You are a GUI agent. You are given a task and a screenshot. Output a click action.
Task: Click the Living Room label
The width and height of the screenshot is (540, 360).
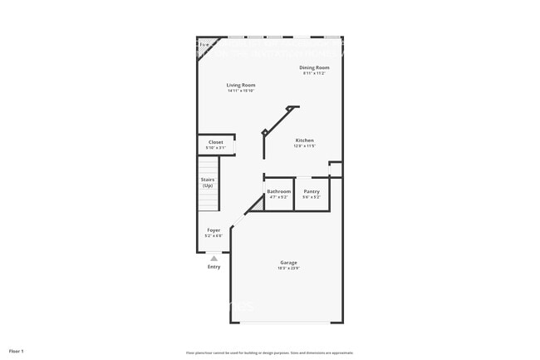click(241, 85)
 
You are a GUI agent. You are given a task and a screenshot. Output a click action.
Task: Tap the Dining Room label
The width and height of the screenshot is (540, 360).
click(315, 67)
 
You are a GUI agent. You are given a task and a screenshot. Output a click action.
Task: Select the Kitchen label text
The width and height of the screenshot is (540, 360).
click(305, 141)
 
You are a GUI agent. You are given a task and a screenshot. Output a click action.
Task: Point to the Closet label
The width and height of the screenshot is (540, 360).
click(216, 142)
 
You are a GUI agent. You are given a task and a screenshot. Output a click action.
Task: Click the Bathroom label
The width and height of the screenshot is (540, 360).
click(278, 192)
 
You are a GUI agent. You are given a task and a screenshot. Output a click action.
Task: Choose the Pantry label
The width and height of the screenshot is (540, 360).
click(312, 192)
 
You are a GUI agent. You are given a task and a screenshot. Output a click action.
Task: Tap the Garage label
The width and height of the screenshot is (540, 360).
click(288, 263)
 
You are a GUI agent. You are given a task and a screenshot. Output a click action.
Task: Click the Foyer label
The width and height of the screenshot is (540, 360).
click(214, 230)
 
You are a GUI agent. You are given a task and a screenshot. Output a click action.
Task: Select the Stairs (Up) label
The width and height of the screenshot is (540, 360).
click(208, 182)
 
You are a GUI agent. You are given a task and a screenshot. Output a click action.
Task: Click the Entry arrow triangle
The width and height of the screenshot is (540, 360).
click(214, 259)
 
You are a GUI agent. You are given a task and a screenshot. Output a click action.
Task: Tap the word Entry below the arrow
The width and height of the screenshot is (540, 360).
click(214, 267)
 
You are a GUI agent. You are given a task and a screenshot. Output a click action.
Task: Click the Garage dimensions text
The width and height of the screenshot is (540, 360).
click(288, 268)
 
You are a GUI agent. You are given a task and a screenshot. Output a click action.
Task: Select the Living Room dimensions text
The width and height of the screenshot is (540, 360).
click(241, 91)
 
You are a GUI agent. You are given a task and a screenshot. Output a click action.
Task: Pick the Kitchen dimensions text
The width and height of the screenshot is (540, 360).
click(305, 146)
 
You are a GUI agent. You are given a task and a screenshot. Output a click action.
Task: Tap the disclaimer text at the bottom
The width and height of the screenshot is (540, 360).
click(270, 353)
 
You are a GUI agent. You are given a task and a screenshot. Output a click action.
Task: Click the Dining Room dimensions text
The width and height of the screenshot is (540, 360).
click(315, 73)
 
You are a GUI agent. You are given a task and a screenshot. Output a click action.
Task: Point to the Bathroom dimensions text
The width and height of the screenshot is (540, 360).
click(278, 197)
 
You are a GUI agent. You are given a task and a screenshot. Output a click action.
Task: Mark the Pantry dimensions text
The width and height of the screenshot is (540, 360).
click(312, 197)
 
